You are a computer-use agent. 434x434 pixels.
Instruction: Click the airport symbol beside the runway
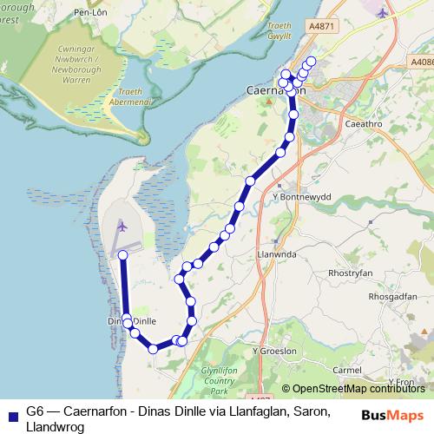point(122,226)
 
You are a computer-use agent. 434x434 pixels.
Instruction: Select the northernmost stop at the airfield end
point(123,254)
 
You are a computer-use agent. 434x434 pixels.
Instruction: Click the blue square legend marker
point(10,413)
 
